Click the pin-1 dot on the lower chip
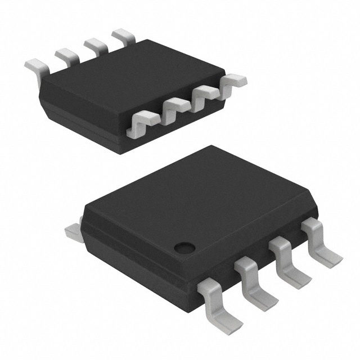point(183,246)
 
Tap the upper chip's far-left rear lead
point(35,66)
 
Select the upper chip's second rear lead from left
point(66,55)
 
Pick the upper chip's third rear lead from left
point(95,44)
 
